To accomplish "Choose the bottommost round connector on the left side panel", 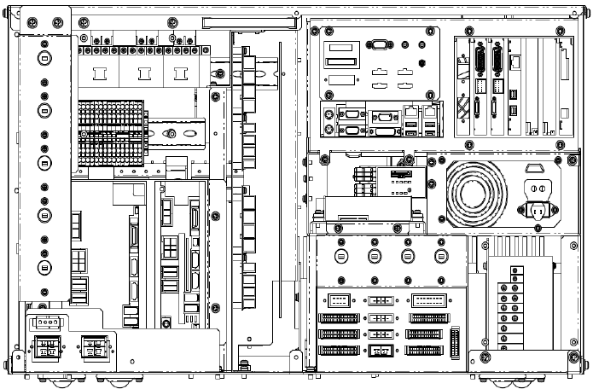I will click(x=44, y=268).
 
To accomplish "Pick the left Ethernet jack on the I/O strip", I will click(x=413, y=112).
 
